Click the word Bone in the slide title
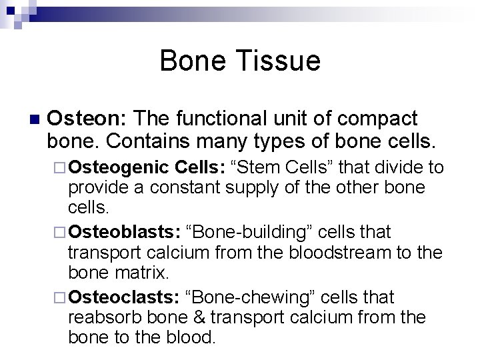190,61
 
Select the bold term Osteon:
87,119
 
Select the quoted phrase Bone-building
247,232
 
